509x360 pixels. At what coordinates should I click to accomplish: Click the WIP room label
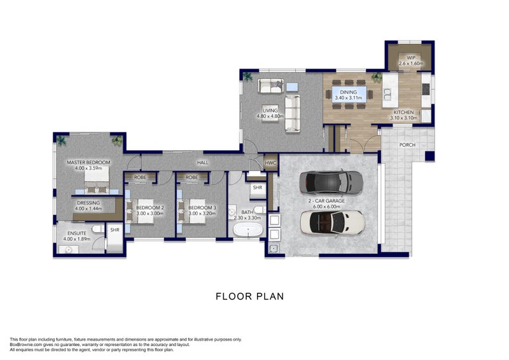[411, 58]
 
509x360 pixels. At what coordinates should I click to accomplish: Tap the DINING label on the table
[348, 92]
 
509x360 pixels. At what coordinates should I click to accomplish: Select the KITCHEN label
[404, 112]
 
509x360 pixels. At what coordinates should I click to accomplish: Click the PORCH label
[407, 145]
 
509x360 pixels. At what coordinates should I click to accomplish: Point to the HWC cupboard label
[270, 163]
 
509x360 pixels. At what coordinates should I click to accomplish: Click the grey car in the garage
[331, 182]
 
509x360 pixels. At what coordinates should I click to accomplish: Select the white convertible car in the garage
[333, 223]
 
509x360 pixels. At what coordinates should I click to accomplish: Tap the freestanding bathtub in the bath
[248, 230]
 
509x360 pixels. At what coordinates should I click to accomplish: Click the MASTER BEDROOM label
[88, 162]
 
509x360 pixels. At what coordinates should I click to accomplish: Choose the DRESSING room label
[88, 203]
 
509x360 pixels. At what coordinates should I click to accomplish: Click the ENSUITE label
[77, 233]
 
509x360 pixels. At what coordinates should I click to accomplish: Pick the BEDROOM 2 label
[150, 208]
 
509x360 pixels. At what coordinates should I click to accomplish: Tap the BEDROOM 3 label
[202, 208]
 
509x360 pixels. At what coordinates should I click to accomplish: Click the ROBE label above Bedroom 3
[192, 177]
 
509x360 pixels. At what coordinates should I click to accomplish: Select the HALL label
[203, 162]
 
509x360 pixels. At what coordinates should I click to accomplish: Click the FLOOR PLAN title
[250, 296]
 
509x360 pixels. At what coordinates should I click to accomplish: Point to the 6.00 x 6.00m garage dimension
[326, 207]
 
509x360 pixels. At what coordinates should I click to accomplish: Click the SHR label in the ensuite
[115, 230]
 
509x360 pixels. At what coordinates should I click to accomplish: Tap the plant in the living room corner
[248, 76]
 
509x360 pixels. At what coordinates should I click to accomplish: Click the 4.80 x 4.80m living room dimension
[270, 116]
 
